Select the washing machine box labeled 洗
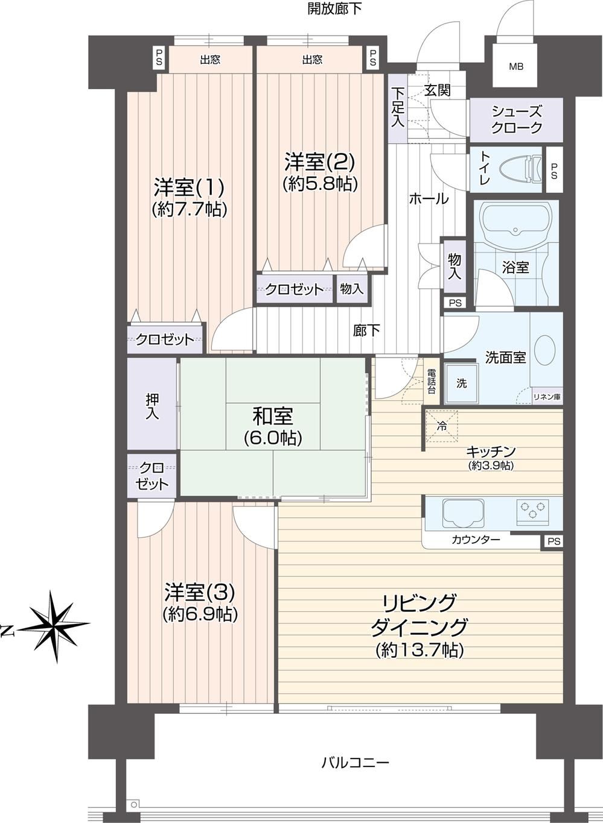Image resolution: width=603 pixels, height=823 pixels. coord(462,383)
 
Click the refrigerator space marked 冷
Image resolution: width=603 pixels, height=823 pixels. coord(442,426)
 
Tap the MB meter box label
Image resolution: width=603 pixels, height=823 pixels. coord(516,67)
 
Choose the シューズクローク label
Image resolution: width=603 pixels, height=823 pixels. coord(517,119)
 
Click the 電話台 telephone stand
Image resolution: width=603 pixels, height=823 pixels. coord(431,382)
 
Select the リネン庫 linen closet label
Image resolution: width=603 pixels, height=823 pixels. coord(547,397)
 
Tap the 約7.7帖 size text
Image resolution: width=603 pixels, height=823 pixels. coord(189,209)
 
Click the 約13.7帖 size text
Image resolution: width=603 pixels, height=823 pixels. coord(420,651)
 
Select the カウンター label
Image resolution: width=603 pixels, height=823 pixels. coord(476,540)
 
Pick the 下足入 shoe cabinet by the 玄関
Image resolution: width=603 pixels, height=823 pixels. coord(398,109)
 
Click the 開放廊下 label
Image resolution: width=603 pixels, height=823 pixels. coord(335,9)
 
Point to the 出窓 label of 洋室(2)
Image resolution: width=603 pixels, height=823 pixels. coord(312,60)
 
